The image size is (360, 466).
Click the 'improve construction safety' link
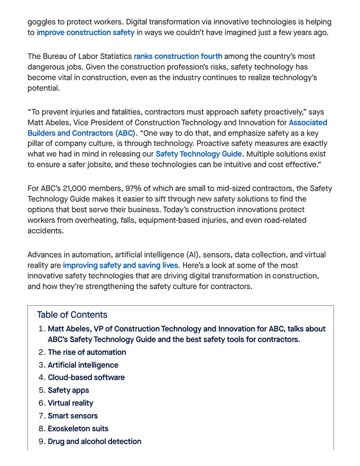86,33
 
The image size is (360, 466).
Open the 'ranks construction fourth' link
178,56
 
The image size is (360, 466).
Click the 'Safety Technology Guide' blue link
199,154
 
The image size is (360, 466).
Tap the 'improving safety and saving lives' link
120,266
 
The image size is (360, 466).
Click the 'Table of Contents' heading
72,315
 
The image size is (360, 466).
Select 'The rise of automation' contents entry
87,352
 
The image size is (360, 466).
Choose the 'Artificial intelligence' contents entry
83,365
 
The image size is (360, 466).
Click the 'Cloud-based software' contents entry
86,378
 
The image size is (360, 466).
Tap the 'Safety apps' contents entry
68,391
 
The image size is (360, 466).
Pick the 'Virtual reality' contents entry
71,403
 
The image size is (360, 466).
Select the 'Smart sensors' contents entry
73,416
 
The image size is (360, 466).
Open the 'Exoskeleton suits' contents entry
78,429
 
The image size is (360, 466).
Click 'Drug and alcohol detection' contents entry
94,442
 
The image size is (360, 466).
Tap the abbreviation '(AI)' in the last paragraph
191,255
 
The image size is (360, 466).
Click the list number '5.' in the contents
41,391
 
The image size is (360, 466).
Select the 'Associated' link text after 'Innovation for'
308,123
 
